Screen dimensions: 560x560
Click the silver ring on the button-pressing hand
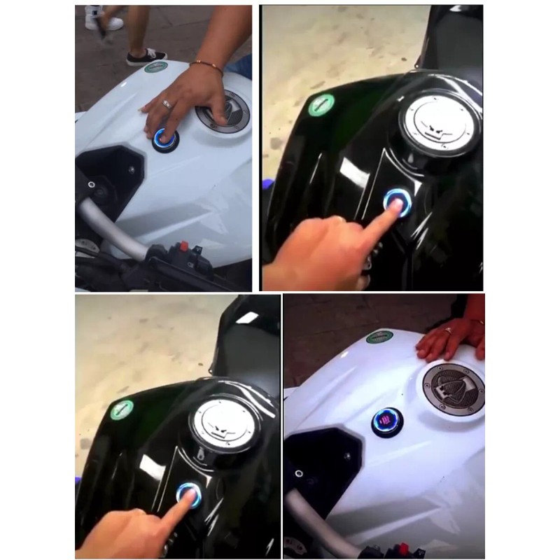coord(167,104)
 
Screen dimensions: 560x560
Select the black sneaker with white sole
coord(147,57)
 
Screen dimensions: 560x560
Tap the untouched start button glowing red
coord(387,422)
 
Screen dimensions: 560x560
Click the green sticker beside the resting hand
coord(379,336)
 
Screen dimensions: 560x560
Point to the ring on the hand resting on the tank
coord(448,329)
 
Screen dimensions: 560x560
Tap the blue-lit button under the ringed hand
coord(166,137)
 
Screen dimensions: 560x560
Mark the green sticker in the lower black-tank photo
coord(122,409)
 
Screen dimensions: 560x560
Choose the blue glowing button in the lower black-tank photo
coord(188,495)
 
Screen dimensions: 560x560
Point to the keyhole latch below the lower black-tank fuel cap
coord(204,457)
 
